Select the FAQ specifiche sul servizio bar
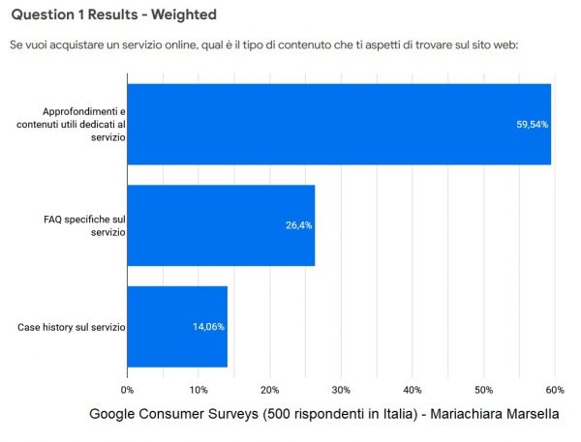221,225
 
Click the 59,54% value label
534,124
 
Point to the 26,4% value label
297,225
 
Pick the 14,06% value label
208,326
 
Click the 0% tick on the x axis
127,390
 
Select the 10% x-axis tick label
198,390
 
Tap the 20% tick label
269,390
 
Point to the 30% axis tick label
340,390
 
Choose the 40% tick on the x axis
412,390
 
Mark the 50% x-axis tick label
483,390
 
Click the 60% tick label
554,390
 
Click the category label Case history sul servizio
71,327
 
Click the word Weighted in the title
183,15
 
